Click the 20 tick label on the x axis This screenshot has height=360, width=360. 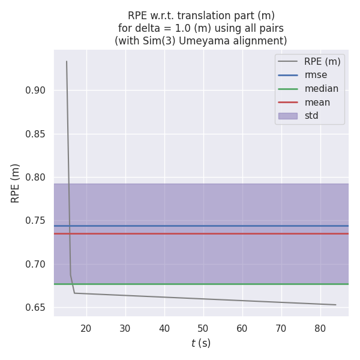tap(86, 328)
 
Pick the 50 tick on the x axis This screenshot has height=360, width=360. tap(203, 328)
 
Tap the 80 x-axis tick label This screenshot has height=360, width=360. tap(320, 328)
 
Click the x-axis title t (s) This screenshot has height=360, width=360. tap(201, 343)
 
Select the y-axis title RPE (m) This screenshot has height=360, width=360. tap(16, 183)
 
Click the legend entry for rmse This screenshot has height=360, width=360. tap(316, 75)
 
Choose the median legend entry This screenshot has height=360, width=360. tap(321, 89)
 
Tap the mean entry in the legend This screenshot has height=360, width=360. tap(317, 103)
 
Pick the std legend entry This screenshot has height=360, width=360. tap(311, 116)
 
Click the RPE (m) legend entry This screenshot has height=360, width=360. tap(322, 61)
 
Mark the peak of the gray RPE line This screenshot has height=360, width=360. tap(67, 61)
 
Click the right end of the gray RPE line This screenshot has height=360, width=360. tap(336, 305)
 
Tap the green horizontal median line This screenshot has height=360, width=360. tap(204, 284)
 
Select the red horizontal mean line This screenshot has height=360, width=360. tap(204, 233)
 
